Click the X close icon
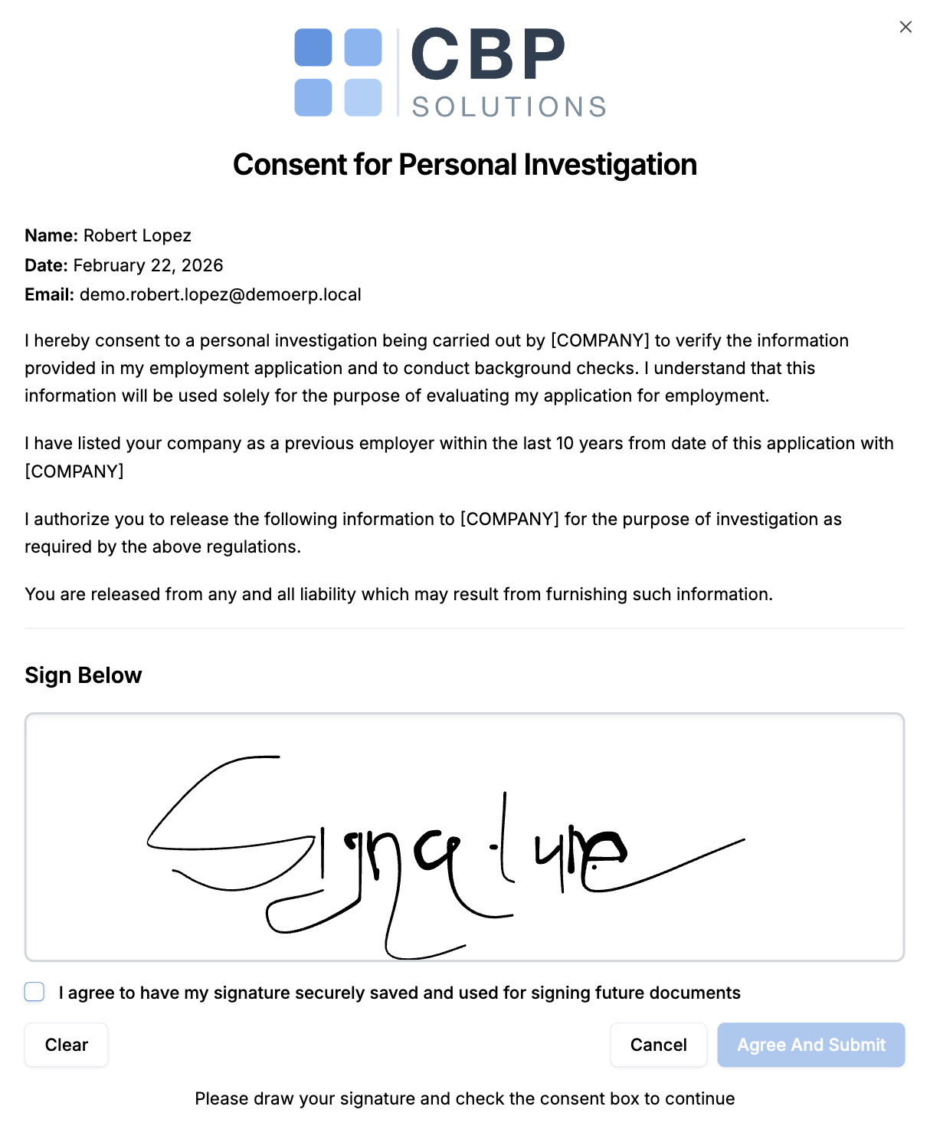(905, 27)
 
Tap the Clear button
(67, 1045)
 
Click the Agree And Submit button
(810, 1045)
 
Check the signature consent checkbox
(34, 992)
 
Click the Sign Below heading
(83, 675)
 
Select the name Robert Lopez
(137, 235)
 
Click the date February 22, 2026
(148, 265)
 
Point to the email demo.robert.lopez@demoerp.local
(220, 294)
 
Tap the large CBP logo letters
(488, 55)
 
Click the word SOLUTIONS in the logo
(509, 107)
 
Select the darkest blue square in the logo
(313, 48)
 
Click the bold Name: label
(51, 235)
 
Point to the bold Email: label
(49, 294)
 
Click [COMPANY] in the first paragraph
(600, 340)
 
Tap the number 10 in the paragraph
(565, 443)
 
